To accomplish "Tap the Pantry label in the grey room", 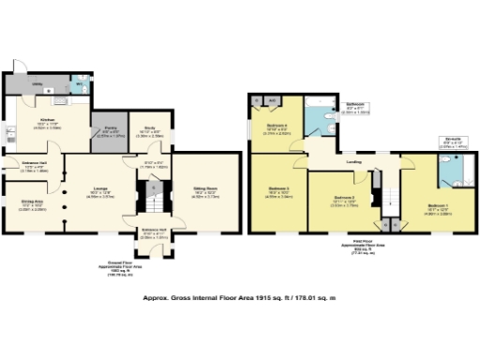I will coord(111,131).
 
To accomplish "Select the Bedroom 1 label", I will coord(438,207).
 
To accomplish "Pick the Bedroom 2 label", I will coord(345,200).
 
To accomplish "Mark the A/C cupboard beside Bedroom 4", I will coord(270,99).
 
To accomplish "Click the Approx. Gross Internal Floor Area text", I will coord(238,298).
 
